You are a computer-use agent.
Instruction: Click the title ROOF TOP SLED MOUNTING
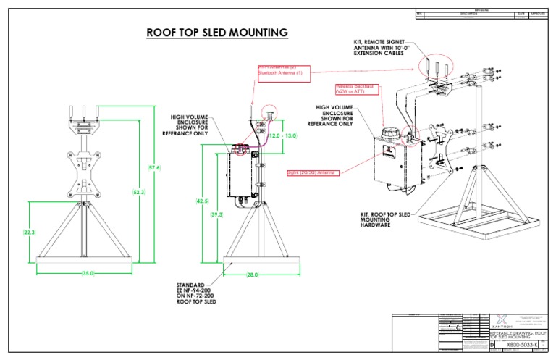tap(217, 33)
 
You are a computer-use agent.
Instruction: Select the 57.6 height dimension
tap(154, 168)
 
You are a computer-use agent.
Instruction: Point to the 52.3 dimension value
tap(138, 192)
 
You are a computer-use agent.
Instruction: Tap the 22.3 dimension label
tap(30, 233)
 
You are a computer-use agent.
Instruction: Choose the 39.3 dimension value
tap(216, 215)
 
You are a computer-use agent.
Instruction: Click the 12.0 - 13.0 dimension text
tap(283, 136)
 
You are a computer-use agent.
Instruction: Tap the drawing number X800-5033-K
tap(518, 346)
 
